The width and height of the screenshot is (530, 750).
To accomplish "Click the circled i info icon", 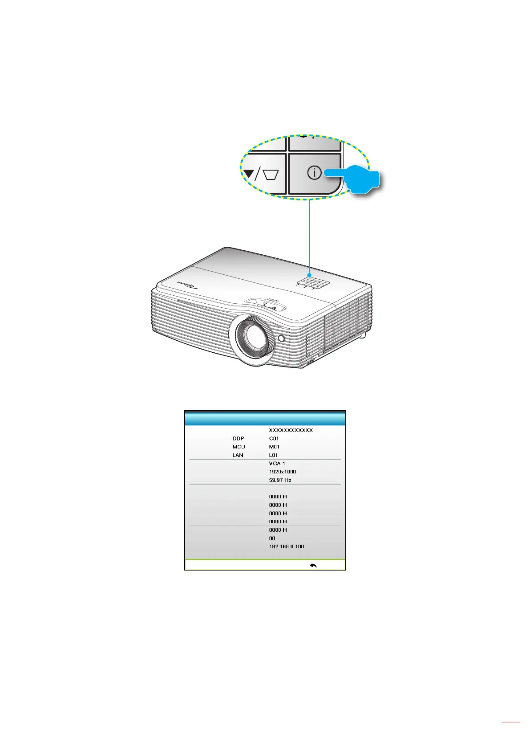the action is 314,173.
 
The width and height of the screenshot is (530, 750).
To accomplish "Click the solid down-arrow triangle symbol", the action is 247,174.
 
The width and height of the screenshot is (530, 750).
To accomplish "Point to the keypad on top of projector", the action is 312,282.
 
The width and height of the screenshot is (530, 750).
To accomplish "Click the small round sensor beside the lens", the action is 281,338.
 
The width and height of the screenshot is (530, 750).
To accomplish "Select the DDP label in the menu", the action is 238,439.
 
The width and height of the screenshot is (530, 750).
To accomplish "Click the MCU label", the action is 239,447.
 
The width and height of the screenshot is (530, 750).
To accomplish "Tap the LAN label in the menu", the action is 238,455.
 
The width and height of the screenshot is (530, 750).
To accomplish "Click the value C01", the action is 274,439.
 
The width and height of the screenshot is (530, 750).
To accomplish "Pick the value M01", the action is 274,447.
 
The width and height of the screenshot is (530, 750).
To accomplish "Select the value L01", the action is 273,455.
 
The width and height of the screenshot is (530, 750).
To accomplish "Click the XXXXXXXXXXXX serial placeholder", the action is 291,430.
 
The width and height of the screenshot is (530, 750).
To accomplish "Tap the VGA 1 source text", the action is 277,464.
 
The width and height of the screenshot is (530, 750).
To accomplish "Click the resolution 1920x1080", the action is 282,472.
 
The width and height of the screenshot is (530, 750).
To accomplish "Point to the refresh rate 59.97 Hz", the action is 280,480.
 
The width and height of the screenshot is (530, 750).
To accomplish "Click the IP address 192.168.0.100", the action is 287,546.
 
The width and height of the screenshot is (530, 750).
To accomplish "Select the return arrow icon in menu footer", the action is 313,566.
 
